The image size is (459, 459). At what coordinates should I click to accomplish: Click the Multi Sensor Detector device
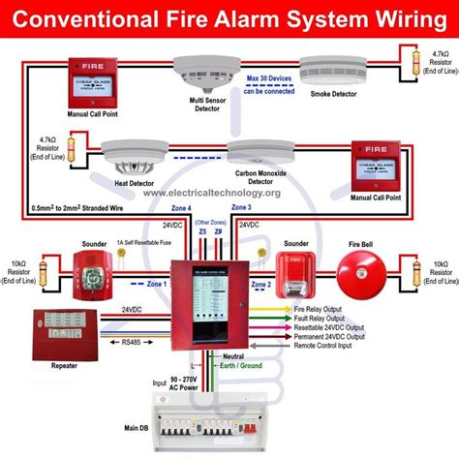coord(191,70)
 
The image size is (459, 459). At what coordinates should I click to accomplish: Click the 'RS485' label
coord(129,341)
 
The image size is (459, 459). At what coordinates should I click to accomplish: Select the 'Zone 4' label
coord(183,208)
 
